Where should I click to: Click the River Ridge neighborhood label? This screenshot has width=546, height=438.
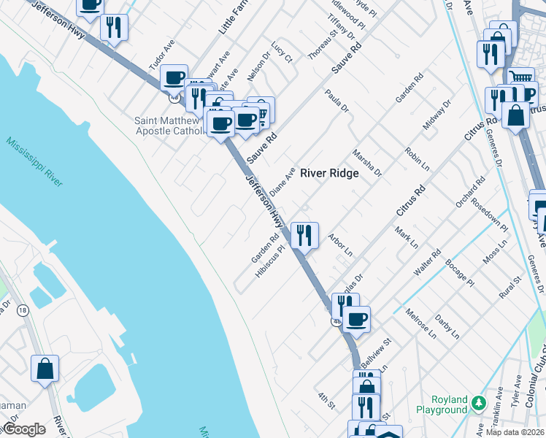pos(329,174)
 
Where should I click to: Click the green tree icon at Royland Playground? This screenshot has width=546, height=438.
pos(478,402)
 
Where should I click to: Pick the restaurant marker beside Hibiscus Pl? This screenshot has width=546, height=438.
pos(304,236)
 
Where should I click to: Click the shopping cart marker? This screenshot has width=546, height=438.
pos(520,77)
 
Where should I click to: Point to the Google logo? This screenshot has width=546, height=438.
pos(24,429)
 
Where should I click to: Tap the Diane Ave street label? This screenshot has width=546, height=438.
pos(282,181)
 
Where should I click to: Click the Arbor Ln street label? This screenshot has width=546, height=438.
pos(340,245)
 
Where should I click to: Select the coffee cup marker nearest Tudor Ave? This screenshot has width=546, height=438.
pos(174,77)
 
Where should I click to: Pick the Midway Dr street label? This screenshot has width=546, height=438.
pos(437,115)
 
